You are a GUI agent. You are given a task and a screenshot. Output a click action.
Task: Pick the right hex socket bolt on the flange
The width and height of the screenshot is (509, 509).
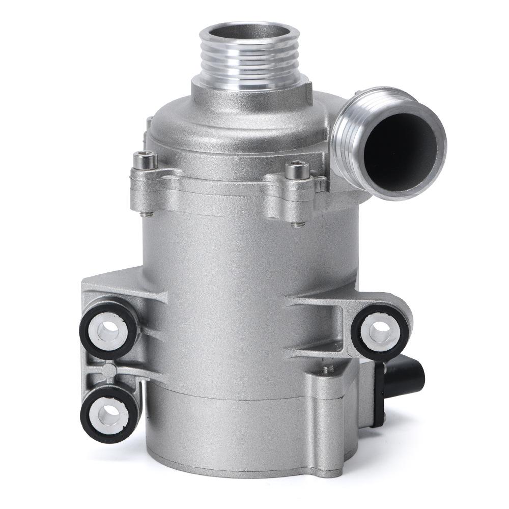(297, 170)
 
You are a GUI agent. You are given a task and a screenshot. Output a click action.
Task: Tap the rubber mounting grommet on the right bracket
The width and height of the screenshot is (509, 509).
(379, 333)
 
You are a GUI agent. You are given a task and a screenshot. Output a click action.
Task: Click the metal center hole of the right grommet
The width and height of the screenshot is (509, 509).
(380, 333)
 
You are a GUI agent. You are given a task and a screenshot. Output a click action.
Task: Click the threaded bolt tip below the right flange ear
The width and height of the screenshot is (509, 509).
(299, 223)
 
